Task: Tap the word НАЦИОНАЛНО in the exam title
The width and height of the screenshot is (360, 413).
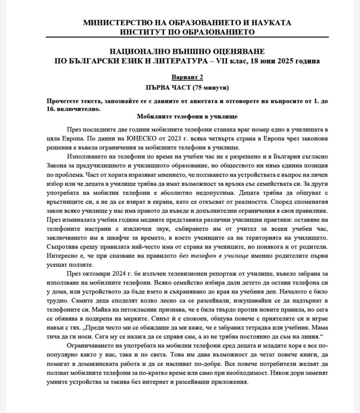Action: click(139, 51)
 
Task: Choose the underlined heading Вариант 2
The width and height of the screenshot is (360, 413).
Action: click(187, 77)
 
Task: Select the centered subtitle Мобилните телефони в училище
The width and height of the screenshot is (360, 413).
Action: click(187, 117)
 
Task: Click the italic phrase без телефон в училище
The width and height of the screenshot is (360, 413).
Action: click(214, 256)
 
